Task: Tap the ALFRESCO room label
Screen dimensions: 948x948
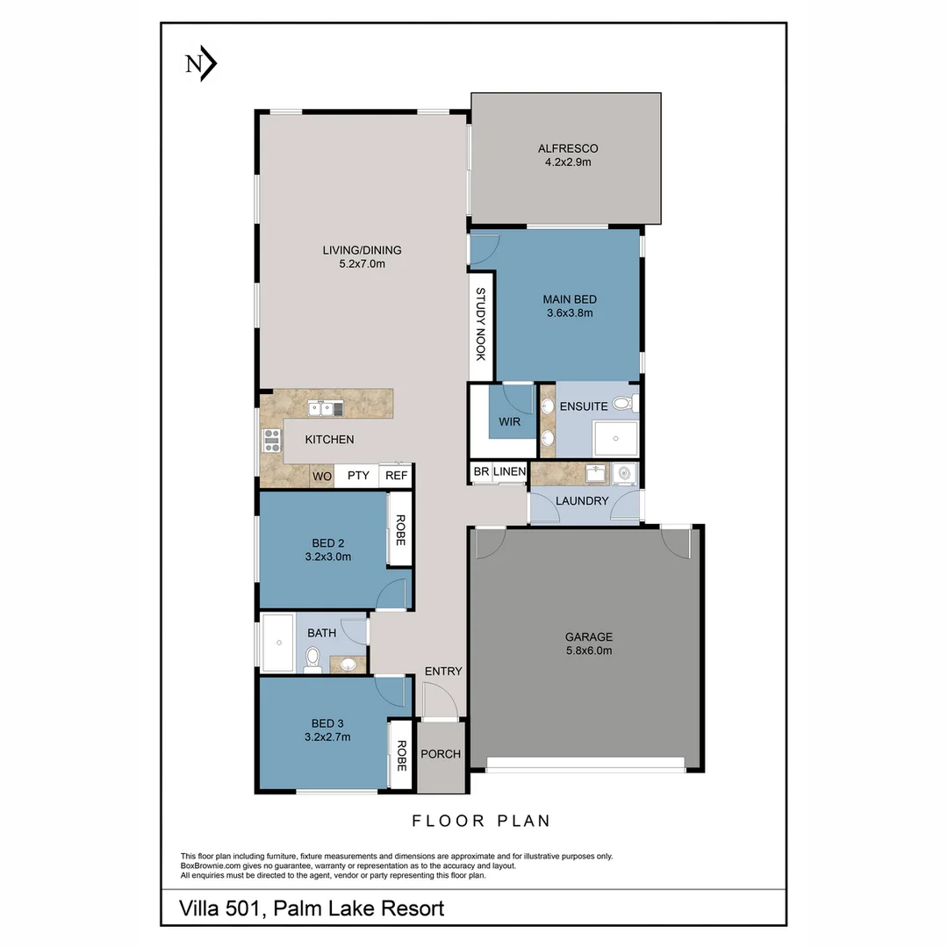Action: click(x=568, y=148)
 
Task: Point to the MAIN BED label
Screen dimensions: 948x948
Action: click(x=569, y=299)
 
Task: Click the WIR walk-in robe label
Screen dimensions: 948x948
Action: click(x=509, y=422)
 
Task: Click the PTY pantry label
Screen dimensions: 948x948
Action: click(x=357, y=476)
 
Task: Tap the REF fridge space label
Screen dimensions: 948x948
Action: click(x=396, y=476)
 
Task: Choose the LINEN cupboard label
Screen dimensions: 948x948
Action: click(x=509, y=472)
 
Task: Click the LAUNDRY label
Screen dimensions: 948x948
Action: click(x=582, y=500)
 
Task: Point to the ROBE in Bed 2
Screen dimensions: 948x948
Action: click(x=400, y=530)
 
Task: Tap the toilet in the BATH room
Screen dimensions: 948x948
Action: click(x=312, y=660)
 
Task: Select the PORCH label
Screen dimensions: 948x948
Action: click(x=441, y=754)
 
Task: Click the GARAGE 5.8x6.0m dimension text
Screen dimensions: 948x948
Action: click(x=587, y=650)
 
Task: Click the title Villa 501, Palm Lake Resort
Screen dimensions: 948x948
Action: click(x=312, y=908)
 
